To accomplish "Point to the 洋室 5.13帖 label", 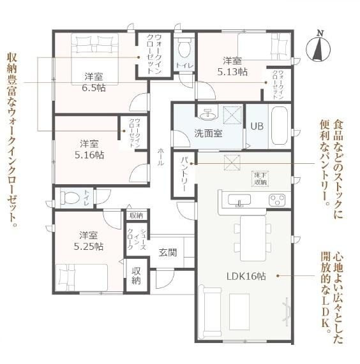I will coord(232,66).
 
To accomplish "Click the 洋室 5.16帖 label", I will coord(88,149).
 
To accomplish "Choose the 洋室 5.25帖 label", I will coord(88,240).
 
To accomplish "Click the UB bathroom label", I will coord(256,126).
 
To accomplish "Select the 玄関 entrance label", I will coord(168,252).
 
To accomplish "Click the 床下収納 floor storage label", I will coord(259,178).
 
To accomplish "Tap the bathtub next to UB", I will coord(280,126).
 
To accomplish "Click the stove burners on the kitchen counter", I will coord(277,200).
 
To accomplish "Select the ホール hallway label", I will coord(160,154).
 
